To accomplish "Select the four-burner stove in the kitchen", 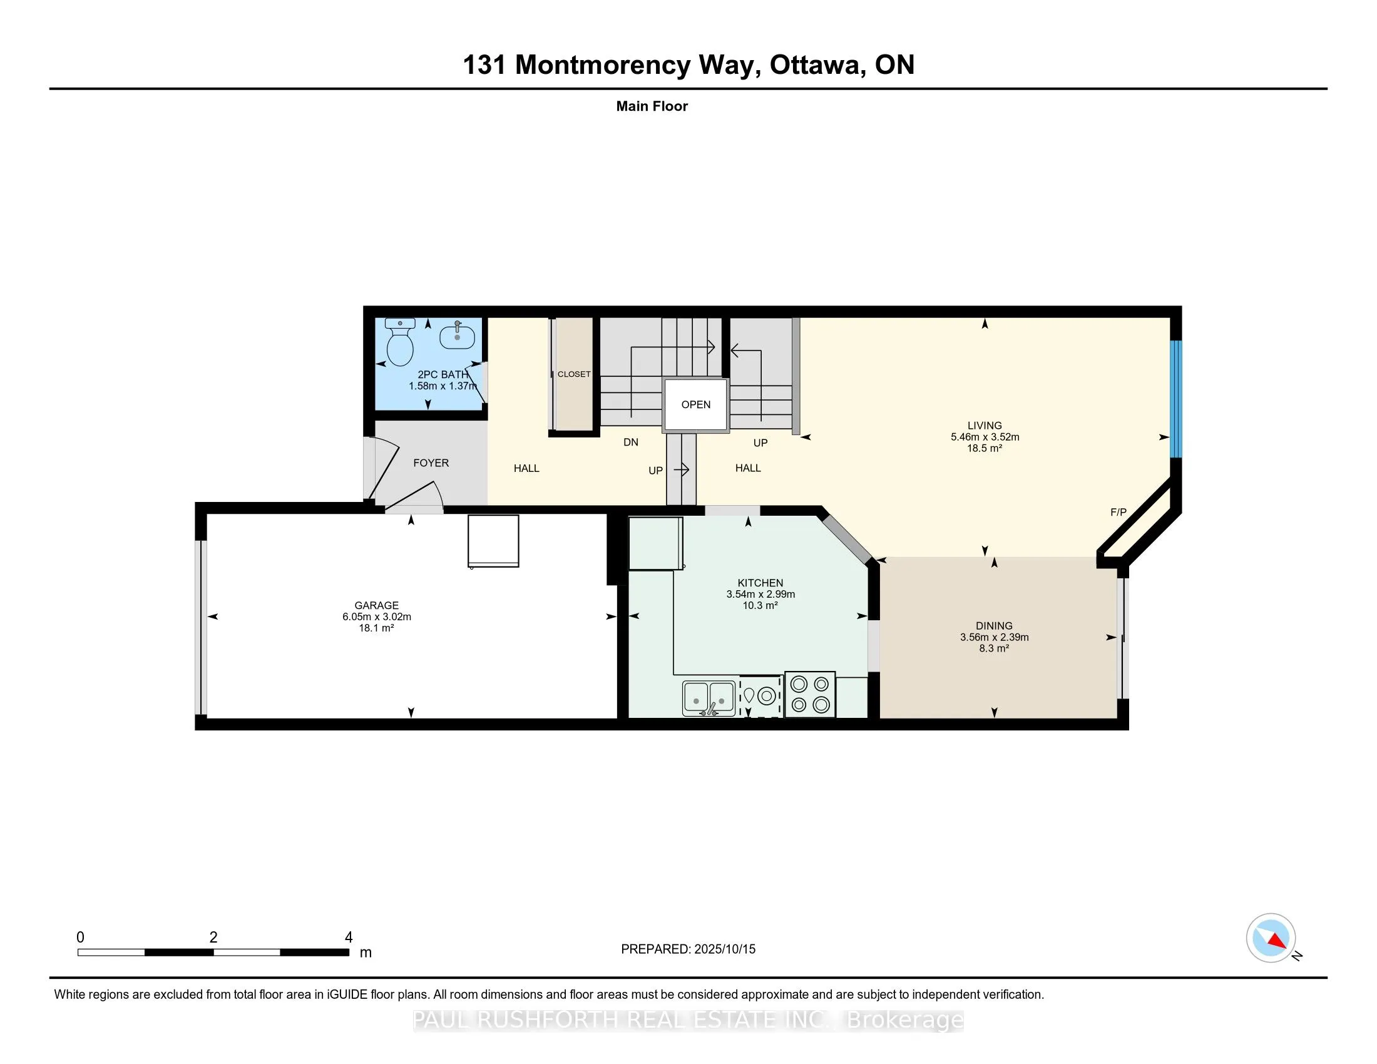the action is tap(810, 694).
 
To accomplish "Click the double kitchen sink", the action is tap(709, 698).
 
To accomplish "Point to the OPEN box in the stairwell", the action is tap(695, 405).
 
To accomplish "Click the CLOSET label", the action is tap(574, 374).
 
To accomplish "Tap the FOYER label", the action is tap(431, 463).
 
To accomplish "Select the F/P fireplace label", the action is tap(1118, 512).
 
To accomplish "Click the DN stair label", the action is tap(631, 442).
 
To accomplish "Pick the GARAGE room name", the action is tap(376, 605).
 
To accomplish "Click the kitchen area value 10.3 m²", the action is tap(760, 605).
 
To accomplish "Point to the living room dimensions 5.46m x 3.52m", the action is tap(985, 437).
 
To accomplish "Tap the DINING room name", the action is tap(995, 626).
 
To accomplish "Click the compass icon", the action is tap(1271, 938).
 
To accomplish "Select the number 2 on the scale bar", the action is tap(213, 938).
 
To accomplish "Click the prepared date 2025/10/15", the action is tap(724, 949).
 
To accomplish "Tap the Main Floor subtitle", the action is tap(652, 106).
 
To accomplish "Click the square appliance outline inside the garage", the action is tap(493, 541).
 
